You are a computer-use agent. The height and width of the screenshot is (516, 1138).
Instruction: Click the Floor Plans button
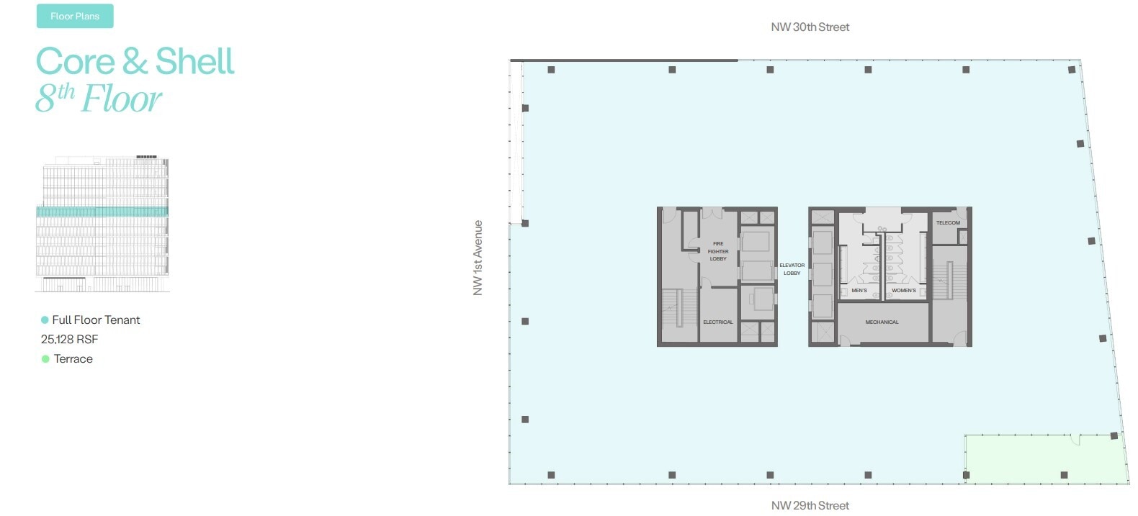(x=75, y=16)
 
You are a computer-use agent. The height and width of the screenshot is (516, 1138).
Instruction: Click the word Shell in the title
(x=194, y=62)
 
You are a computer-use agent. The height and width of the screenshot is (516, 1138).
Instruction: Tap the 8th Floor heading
(x=99, y=99)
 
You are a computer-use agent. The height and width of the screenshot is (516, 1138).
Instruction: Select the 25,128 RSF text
(x=69, y=339)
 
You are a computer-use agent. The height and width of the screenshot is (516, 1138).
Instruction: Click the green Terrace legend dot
(x=45, y=359)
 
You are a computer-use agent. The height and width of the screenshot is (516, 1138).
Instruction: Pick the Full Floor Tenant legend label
(x=96, y=320)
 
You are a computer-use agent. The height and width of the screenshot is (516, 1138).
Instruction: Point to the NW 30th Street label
(x=810, y=27)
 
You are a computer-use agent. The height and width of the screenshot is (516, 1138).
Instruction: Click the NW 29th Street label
(x=810, y=505)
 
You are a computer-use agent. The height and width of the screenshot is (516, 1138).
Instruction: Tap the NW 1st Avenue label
(x=478, y=258)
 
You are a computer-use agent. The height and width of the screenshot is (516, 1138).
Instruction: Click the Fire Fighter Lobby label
(x=718, y=251)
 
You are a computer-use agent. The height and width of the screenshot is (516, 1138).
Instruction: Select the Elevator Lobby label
(x=792, y=269)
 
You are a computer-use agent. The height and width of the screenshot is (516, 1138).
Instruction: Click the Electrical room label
(x=718, y=322)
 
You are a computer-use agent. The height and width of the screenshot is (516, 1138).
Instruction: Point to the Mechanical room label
(x=882, y=322)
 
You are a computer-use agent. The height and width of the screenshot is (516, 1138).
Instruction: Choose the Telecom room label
(x=948, y=222)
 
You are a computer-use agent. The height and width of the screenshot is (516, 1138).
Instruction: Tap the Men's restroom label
(x=859, y=290)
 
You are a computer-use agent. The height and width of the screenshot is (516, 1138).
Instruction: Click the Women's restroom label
(x=904, y=290)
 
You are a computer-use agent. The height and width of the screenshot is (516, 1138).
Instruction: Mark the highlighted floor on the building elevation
(x=102, y=212)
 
